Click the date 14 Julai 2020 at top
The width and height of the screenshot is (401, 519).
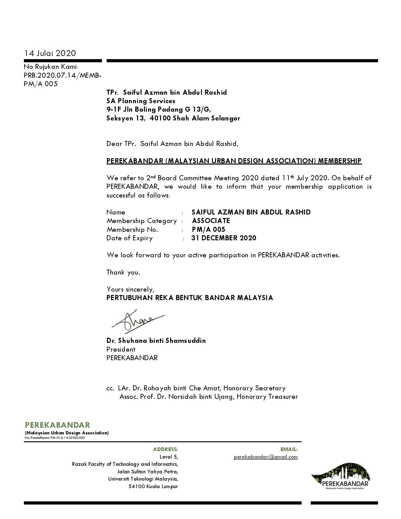tap(50, 53)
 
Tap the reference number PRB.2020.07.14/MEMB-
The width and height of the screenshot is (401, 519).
tap(63, 75)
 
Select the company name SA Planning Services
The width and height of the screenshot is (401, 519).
tap(141, 101)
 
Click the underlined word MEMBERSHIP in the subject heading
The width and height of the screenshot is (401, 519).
tap(340, 161)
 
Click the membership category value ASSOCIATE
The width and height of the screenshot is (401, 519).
tap(211, 221)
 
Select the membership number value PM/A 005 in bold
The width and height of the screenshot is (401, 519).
tap(209, 230)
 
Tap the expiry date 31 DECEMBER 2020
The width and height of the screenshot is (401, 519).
tap(224, 238)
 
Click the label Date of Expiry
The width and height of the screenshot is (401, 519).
tap(129, 238)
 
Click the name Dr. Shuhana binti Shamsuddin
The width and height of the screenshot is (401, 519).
tap(156, 341)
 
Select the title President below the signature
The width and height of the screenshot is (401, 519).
tap(121, 349)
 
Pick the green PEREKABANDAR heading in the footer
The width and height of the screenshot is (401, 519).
tap(57, 425)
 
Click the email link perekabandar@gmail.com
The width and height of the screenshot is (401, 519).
tap(265, 457)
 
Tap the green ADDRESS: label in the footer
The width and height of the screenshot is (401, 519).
tap(165, 449)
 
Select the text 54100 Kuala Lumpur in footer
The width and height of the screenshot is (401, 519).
tap(153, 487)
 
